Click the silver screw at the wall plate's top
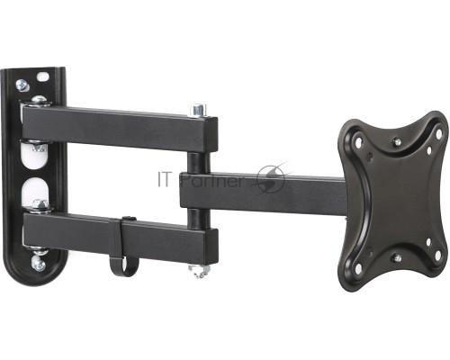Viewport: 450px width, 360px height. tap(22, 85)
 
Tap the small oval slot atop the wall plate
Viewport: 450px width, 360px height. tap(43, 76)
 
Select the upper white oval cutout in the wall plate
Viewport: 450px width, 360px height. tap(34, 156)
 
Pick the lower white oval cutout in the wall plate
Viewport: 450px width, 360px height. tap(34, 192)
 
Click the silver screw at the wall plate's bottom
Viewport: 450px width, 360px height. tap(39, 265)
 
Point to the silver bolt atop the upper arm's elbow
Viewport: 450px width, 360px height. tap(199, 110)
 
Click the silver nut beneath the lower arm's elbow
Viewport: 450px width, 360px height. tap(198, 271)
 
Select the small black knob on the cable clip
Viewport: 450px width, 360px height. tap(130, 219)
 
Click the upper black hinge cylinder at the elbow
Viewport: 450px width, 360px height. tap(197, 162)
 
